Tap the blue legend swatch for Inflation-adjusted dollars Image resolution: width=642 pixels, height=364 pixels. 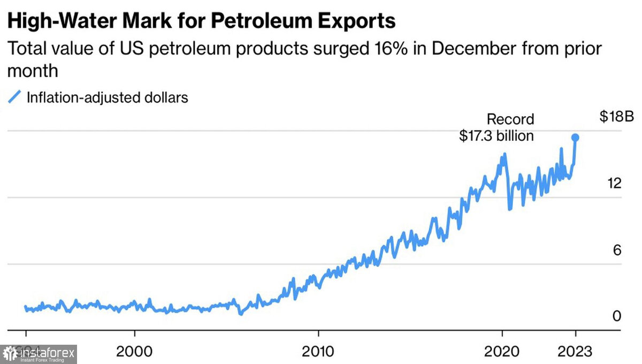pos(15,98)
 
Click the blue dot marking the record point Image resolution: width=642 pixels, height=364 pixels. pos(576,138)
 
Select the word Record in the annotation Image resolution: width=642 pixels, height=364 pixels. pos(510,119)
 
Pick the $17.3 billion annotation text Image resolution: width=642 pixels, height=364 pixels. pos(496,136)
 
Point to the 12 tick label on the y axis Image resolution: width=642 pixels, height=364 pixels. pos(614,184)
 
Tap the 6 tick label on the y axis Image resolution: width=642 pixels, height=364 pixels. pos(617,250)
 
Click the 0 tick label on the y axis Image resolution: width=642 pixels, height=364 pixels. pos(617,316)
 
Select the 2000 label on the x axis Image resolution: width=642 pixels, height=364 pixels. pos(135,352)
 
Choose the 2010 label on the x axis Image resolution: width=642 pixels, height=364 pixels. pos(318,352)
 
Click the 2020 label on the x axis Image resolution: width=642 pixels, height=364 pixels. pos(502,352)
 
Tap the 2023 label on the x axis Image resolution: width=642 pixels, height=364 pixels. pos(575,352)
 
